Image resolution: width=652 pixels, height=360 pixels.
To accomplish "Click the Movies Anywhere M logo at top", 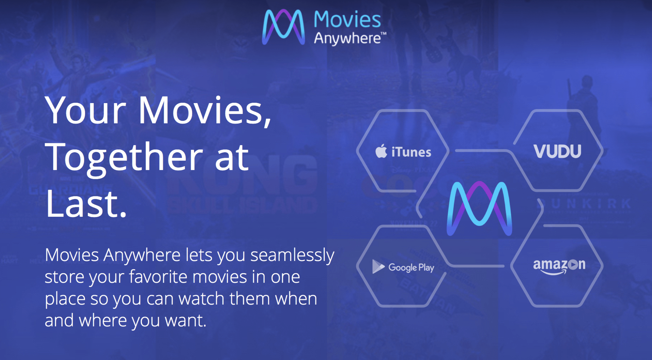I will coord(283,27).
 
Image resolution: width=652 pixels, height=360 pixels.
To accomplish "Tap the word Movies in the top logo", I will coord(347,19).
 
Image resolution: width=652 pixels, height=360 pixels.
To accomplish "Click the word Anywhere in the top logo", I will coord(347,39).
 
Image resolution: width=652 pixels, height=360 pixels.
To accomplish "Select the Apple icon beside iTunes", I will coord(381,151).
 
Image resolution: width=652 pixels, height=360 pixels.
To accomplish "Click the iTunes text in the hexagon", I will coord(411,152).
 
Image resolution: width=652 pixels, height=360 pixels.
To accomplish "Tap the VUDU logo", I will coord(557,151).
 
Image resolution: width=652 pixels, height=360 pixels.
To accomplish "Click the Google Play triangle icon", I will coord(378,266).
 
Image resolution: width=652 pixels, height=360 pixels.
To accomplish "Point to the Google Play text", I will coord(411,267).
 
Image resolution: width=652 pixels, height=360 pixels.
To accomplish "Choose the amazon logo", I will coord(559,266).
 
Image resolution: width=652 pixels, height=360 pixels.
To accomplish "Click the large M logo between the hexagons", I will coord(479,208).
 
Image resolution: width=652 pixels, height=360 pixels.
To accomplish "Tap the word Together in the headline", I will coord(124,157).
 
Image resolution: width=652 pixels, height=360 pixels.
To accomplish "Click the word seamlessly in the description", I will coord(292,255).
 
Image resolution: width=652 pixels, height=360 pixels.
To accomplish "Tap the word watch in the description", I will coord(201,299).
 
